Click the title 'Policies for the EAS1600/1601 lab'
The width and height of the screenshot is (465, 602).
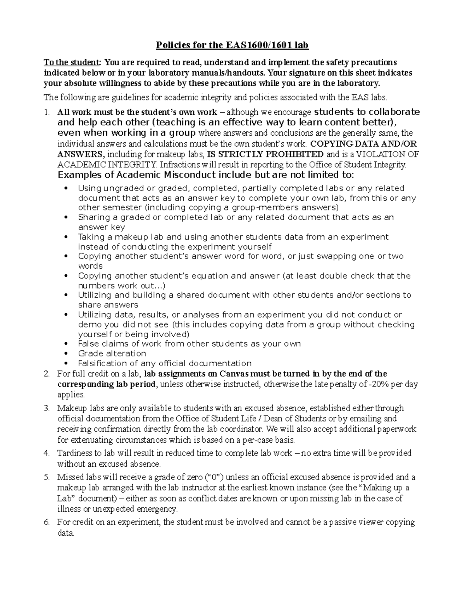click(x=232, y=46)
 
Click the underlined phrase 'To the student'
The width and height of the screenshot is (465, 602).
click(x=72, y=62)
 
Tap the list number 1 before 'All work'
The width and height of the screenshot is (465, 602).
click(x=47, y=112)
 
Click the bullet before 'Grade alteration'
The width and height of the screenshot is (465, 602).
click(x=68, y=354)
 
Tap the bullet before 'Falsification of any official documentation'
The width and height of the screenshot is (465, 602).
click(x=68, y=364)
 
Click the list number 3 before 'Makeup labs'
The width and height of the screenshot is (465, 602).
click(x=47, y=408)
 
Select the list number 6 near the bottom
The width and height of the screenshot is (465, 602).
click(x=47, y=522)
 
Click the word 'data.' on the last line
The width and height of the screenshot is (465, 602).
click(x=65, y=533)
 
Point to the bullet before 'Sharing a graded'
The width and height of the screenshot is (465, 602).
click(x=68, y=217)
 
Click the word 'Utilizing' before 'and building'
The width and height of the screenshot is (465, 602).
click(x=95, y=295)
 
